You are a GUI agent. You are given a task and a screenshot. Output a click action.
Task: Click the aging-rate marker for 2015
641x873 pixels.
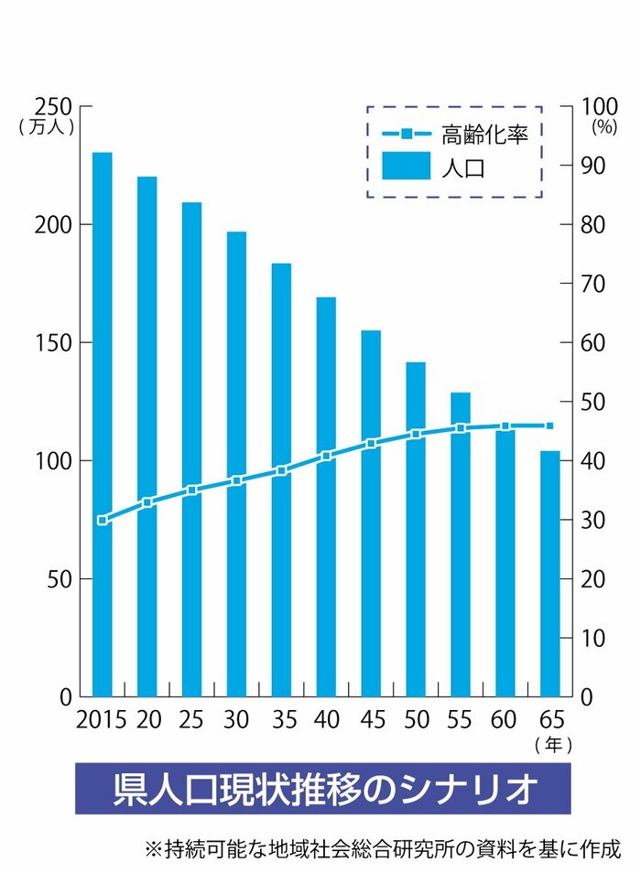pyautogui.click(x=102, y=520)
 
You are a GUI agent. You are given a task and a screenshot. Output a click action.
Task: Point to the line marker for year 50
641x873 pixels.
pyautogui.click(x=416, y=434)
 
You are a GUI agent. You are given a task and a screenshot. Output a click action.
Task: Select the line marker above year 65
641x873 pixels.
pyautogui.click(x=549, y=426)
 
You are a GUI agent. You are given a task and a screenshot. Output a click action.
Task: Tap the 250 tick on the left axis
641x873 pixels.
pyautogui.click(x=54, y=106)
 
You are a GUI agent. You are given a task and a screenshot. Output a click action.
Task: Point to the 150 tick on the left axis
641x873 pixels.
pyautogui.click(x=54, y=343)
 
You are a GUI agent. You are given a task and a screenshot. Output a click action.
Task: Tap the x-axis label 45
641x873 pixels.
pyautogui.click(x=371, y=719)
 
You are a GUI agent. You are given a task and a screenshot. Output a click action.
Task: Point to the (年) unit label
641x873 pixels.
pyautogui.click(x=553, y=746)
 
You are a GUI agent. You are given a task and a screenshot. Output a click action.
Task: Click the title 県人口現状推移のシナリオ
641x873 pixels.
pyautogui.click(x=322, y=789)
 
